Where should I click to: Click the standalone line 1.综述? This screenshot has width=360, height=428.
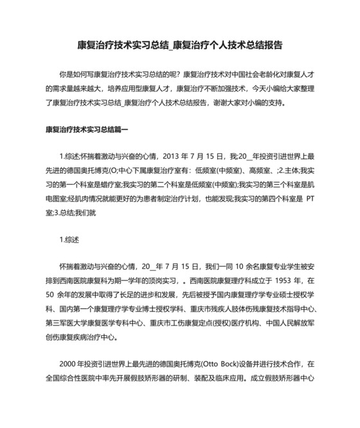(x=69, y=240)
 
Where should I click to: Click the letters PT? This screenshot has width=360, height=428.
(x=309, y=199)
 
